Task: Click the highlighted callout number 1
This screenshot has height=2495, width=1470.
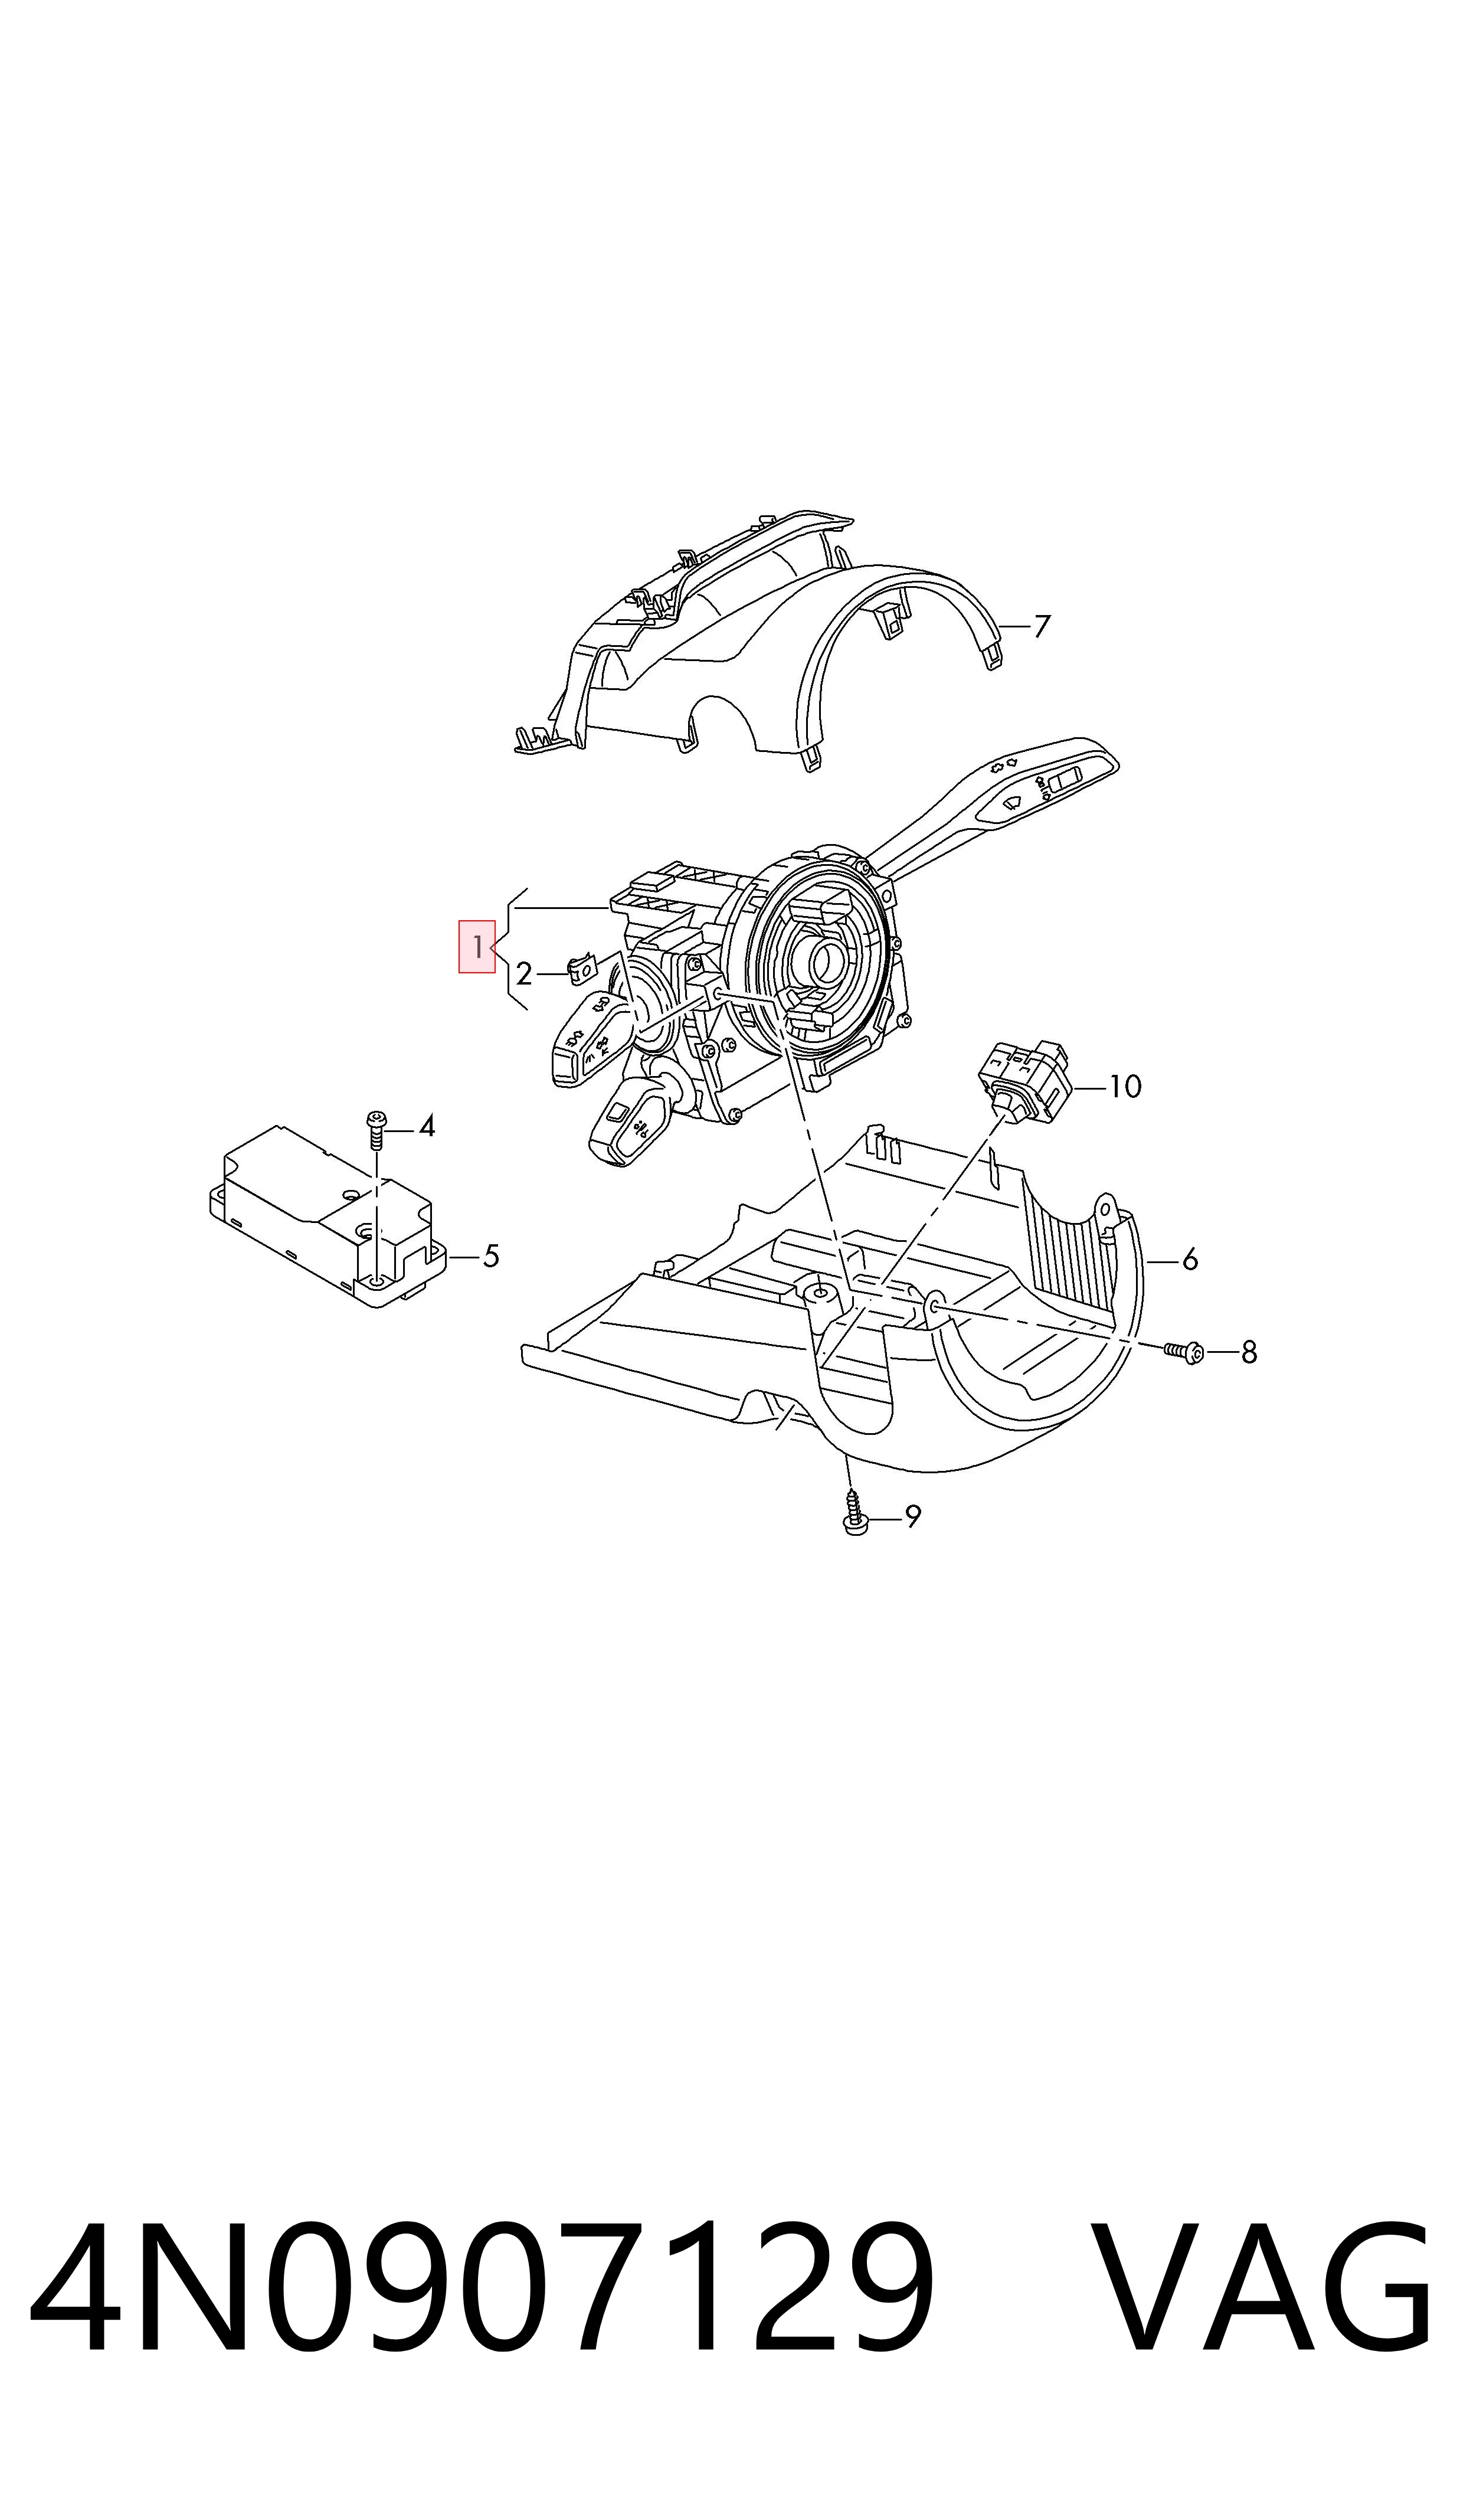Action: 476,947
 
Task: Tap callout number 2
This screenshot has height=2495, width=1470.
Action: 524,975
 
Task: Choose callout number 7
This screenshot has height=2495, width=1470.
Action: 1041,626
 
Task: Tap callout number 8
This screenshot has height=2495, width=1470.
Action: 1249,1352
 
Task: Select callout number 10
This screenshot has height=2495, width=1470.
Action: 1125,1087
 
